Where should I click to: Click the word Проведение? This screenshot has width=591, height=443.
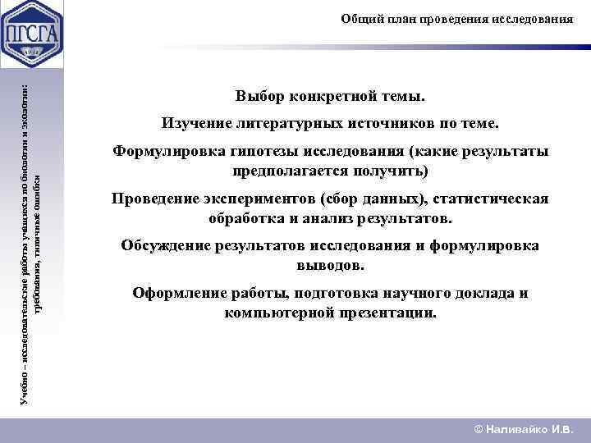tap(156, 199)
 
